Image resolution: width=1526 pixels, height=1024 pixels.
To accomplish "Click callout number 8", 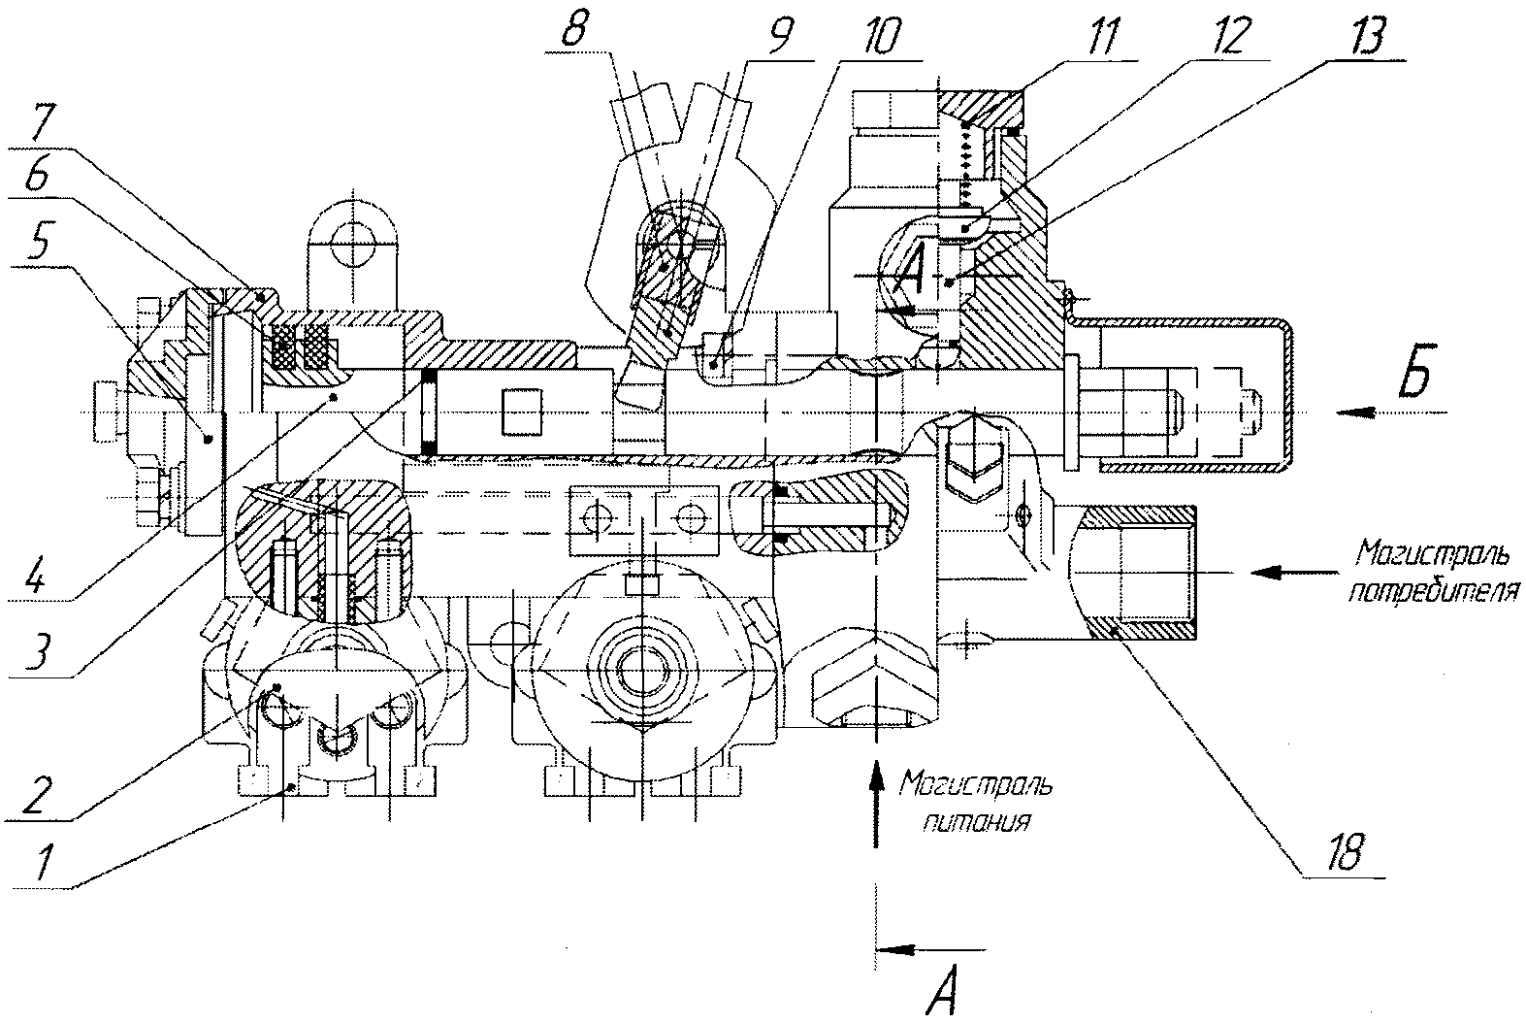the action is [575, 27].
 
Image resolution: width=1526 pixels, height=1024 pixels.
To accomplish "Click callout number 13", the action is [1365, 36].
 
